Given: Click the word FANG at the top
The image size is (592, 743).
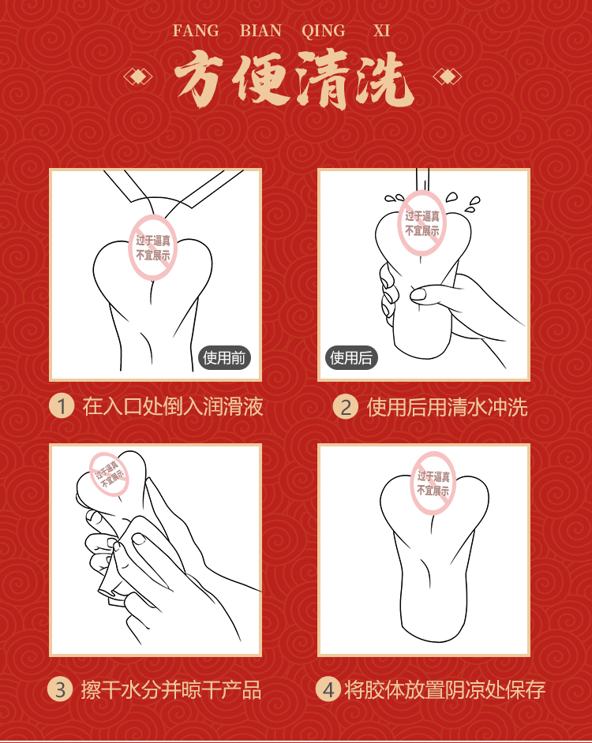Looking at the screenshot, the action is coord(196,31).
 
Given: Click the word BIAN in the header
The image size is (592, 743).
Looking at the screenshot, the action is coord(260,31).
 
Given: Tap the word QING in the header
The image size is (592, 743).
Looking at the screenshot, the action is coord(324,32).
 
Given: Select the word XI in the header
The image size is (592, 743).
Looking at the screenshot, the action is coord(381,31).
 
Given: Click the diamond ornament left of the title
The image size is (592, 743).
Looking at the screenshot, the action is coord(138,77).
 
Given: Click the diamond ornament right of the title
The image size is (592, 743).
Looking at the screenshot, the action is coord(448,77).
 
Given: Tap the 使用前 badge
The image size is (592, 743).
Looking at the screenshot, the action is coord(224,358).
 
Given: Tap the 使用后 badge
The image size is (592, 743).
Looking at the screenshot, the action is coord(351,358).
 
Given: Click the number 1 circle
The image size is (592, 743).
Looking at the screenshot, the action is coord(62,406).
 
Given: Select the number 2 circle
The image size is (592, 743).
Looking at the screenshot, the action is coord(345,406).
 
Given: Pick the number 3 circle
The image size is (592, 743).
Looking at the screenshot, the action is coord(60,689).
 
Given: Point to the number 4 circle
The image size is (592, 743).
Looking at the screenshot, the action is coord(328,689).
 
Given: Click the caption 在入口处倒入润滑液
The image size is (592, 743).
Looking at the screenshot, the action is coord(173,406).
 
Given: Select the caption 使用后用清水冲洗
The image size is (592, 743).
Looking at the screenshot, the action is coord(447,407).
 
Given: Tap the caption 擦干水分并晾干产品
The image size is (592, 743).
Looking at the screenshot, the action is coord(170,690).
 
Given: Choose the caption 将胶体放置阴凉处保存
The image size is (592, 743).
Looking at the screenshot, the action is coord(445,690).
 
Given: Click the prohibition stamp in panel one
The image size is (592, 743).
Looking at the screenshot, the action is coord(153,248).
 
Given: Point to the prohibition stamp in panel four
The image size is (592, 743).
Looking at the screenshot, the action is coord(433,484).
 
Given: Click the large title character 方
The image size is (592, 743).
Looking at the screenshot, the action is coord(198,78).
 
